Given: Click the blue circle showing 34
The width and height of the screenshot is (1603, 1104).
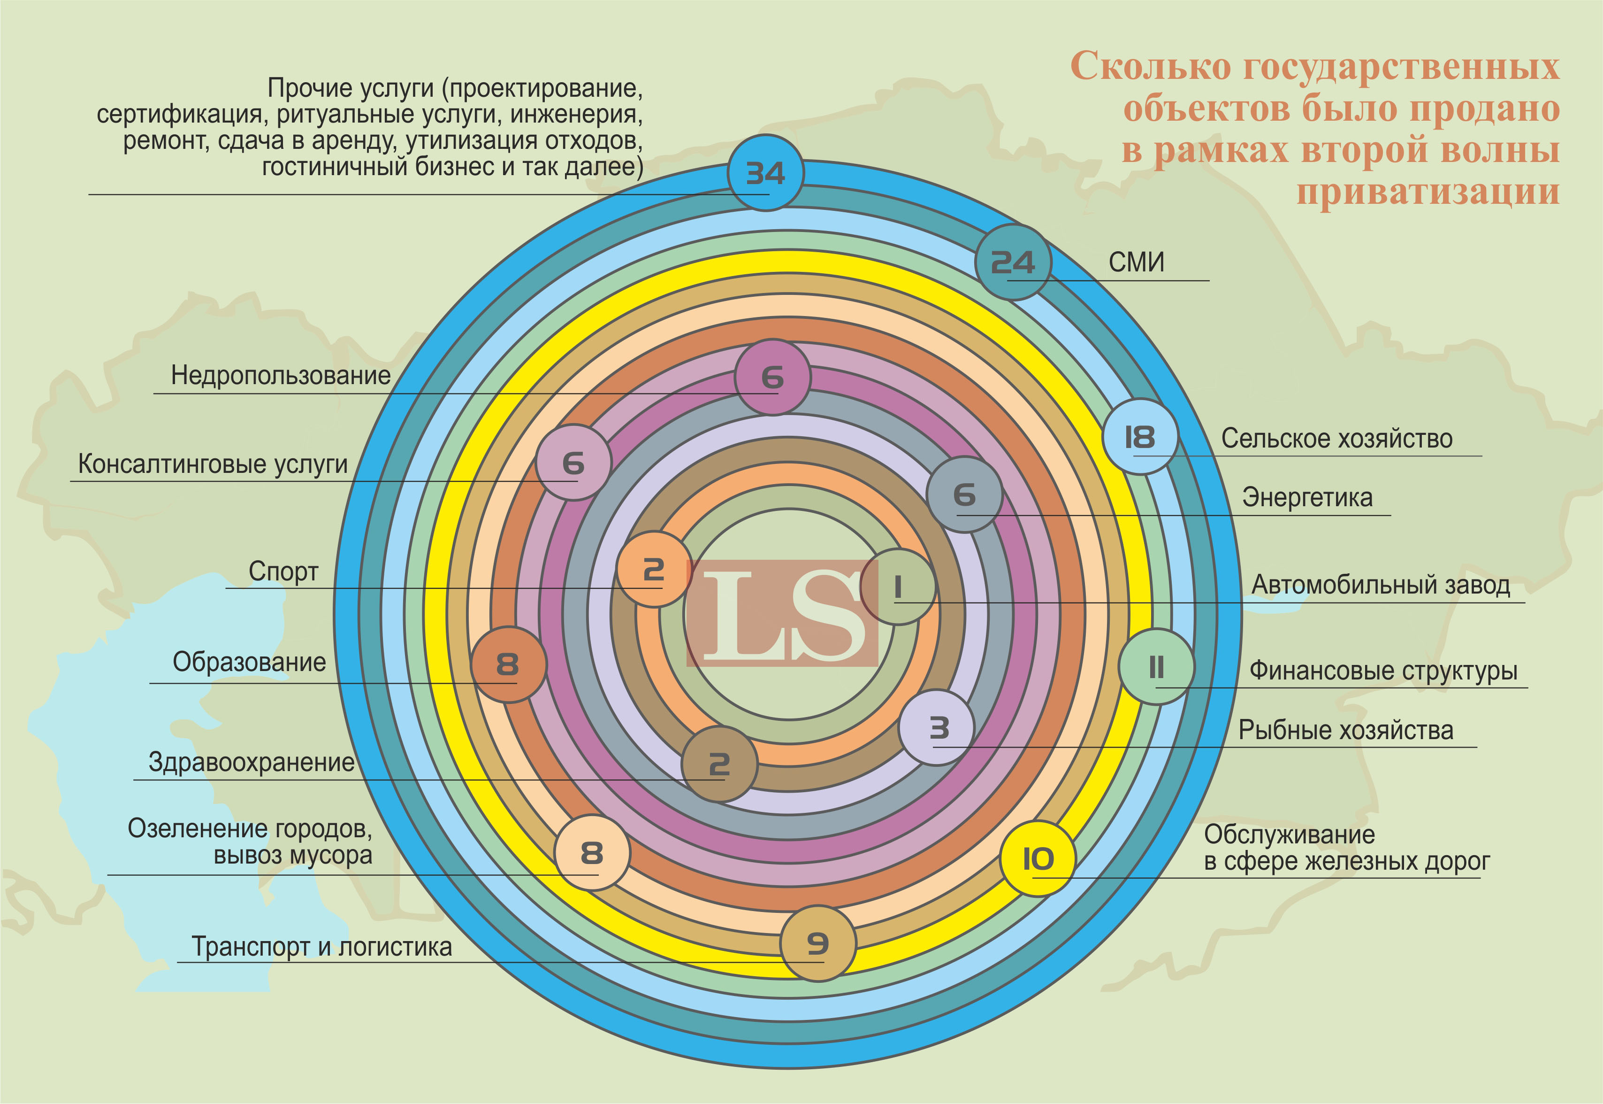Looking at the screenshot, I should click(765, 173).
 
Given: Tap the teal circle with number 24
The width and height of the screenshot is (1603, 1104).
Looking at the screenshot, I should click(1013, 262).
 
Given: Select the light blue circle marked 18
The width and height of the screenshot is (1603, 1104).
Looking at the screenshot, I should click(1139, 436).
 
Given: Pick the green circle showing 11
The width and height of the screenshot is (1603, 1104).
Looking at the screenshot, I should click(1156, 667).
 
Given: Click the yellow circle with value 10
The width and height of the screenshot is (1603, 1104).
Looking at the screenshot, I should click(1038, 858).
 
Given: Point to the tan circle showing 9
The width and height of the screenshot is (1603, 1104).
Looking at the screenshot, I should click(818, 943).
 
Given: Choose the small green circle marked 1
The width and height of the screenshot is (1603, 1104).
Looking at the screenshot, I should click(897, 587).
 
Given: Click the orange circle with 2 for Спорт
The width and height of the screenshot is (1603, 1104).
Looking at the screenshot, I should click(654, 569).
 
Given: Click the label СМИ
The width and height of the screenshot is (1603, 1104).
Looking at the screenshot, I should click(1137, 262).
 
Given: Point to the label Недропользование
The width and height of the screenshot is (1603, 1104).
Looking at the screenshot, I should click(281, 376).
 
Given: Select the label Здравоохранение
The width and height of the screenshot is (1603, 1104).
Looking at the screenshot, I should click(252, 762).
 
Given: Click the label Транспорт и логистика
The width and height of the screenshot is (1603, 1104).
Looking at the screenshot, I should click(321, 946).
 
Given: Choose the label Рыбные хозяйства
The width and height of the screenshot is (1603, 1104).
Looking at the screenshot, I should click(1345, 730).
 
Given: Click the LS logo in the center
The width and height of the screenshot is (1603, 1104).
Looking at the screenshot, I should click(782, 614).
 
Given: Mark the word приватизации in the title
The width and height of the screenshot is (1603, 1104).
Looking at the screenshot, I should click(1427, 192).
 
